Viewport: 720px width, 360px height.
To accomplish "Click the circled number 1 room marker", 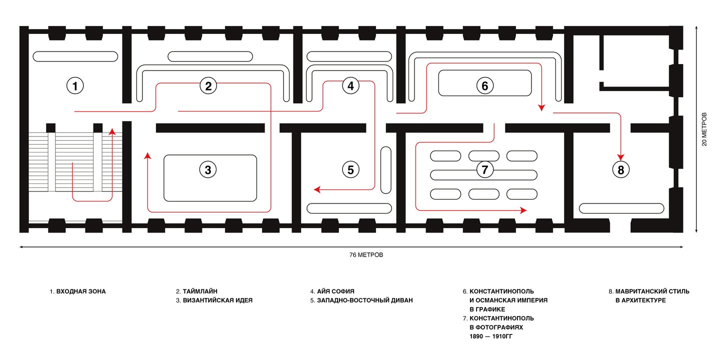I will [x=75, y=86].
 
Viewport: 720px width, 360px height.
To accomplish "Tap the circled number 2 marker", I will [x=208, y=86].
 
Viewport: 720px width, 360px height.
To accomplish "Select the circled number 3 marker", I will [x=208, y=170].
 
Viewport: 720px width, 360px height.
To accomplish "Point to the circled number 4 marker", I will [x=350, y=86].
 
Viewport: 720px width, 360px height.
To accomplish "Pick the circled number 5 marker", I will [x=350, y=170].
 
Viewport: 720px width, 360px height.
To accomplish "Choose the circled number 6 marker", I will [x=484, y=86].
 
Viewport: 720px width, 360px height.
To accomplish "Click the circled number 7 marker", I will [x=484, y=170].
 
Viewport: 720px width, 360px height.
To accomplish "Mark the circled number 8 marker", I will [x=621, y=170].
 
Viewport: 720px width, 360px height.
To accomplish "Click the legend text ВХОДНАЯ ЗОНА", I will [x=81, y=291].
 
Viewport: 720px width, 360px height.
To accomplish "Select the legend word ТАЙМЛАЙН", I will [x=200, y=291].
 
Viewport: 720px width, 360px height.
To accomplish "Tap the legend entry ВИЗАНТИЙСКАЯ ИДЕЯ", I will [x=217, y=300].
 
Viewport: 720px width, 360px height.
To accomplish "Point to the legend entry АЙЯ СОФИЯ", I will [x=335, y=291].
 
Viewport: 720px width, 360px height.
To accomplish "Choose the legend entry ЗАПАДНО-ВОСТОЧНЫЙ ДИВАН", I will [x=365, y=300].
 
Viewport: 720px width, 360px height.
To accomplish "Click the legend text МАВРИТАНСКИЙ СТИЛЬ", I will [x=652, y=291].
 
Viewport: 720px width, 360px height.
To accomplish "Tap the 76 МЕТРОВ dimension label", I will [x=366, y=254].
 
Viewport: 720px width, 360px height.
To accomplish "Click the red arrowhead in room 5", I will [x=317, y=189].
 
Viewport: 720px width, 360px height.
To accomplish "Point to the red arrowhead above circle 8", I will [x=621, y=156].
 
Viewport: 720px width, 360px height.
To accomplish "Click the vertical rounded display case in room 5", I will [x=386, y=170].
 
